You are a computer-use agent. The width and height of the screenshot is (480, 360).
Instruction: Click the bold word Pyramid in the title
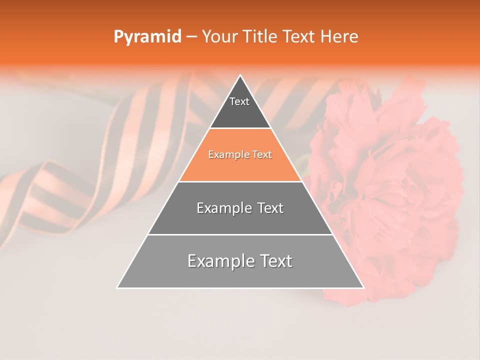pos(147,37)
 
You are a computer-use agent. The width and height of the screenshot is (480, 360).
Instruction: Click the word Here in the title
pos(339,37)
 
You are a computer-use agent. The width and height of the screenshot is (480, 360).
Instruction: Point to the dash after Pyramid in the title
pos(191,37)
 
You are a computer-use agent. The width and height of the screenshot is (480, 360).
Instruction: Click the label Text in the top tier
pos(239,101)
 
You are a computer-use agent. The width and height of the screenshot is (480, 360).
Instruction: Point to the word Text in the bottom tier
pos(275,261)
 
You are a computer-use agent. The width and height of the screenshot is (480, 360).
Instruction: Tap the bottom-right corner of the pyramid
pos(363,287)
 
